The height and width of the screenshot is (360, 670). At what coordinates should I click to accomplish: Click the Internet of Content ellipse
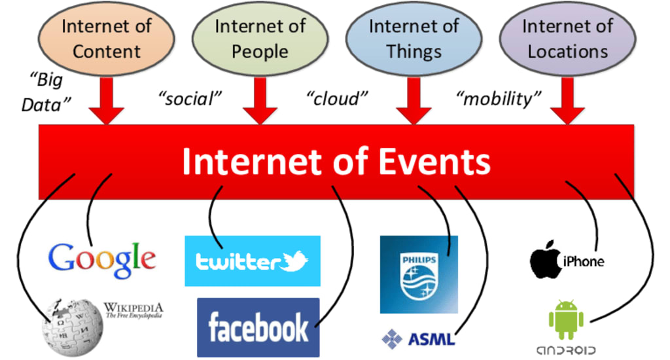[106, 39]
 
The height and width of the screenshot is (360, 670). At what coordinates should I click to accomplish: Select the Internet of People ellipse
[260, 39]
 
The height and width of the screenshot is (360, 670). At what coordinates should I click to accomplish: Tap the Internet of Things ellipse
[414, 39]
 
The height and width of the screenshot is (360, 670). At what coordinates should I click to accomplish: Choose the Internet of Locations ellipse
[567, 39]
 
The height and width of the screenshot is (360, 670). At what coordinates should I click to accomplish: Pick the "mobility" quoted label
[499, 99]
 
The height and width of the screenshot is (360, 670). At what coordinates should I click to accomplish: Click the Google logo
[103, 259]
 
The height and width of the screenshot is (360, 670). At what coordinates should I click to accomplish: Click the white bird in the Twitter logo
[294, 262]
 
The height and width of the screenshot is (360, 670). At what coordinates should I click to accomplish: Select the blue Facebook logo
[258, 327]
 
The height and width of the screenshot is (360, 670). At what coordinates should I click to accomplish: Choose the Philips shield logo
[419, 274]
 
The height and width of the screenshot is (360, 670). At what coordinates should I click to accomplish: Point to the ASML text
[431, 340]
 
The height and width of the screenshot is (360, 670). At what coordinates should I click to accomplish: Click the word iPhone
[584, 262]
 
